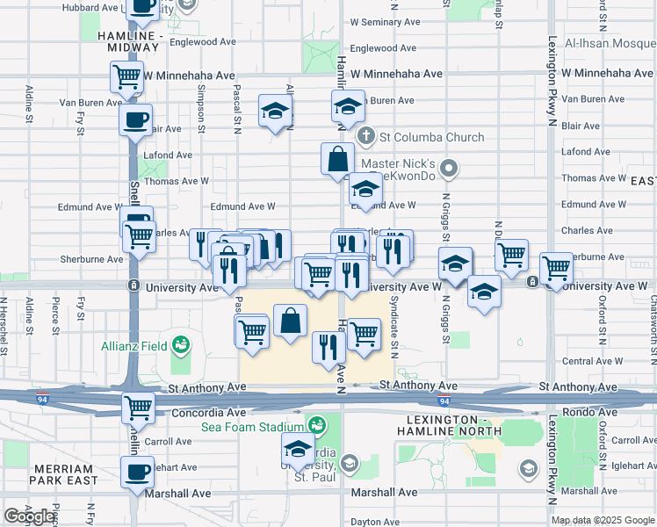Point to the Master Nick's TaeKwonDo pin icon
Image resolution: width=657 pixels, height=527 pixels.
tap(450, 167)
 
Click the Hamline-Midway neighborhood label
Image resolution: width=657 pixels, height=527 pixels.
tap(137, 40)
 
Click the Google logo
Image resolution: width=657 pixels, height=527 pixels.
tap(29, 516)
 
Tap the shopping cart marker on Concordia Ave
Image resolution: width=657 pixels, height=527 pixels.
tap(138, 408)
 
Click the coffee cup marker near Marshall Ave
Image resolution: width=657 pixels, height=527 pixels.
tap(138, 472)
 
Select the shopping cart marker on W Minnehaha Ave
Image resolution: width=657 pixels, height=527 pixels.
tap(127, 76)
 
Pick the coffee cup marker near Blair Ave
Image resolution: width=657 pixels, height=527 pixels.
tap(136, 119)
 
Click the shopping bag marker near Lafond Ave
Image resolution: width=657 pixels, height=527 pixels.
tap(338, 160)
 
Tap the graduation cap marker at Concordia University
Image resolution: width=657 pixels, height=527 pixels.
tap(299, 451)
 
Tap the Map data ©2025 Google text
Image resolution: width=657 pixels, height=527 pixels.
tap(602, 520)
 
